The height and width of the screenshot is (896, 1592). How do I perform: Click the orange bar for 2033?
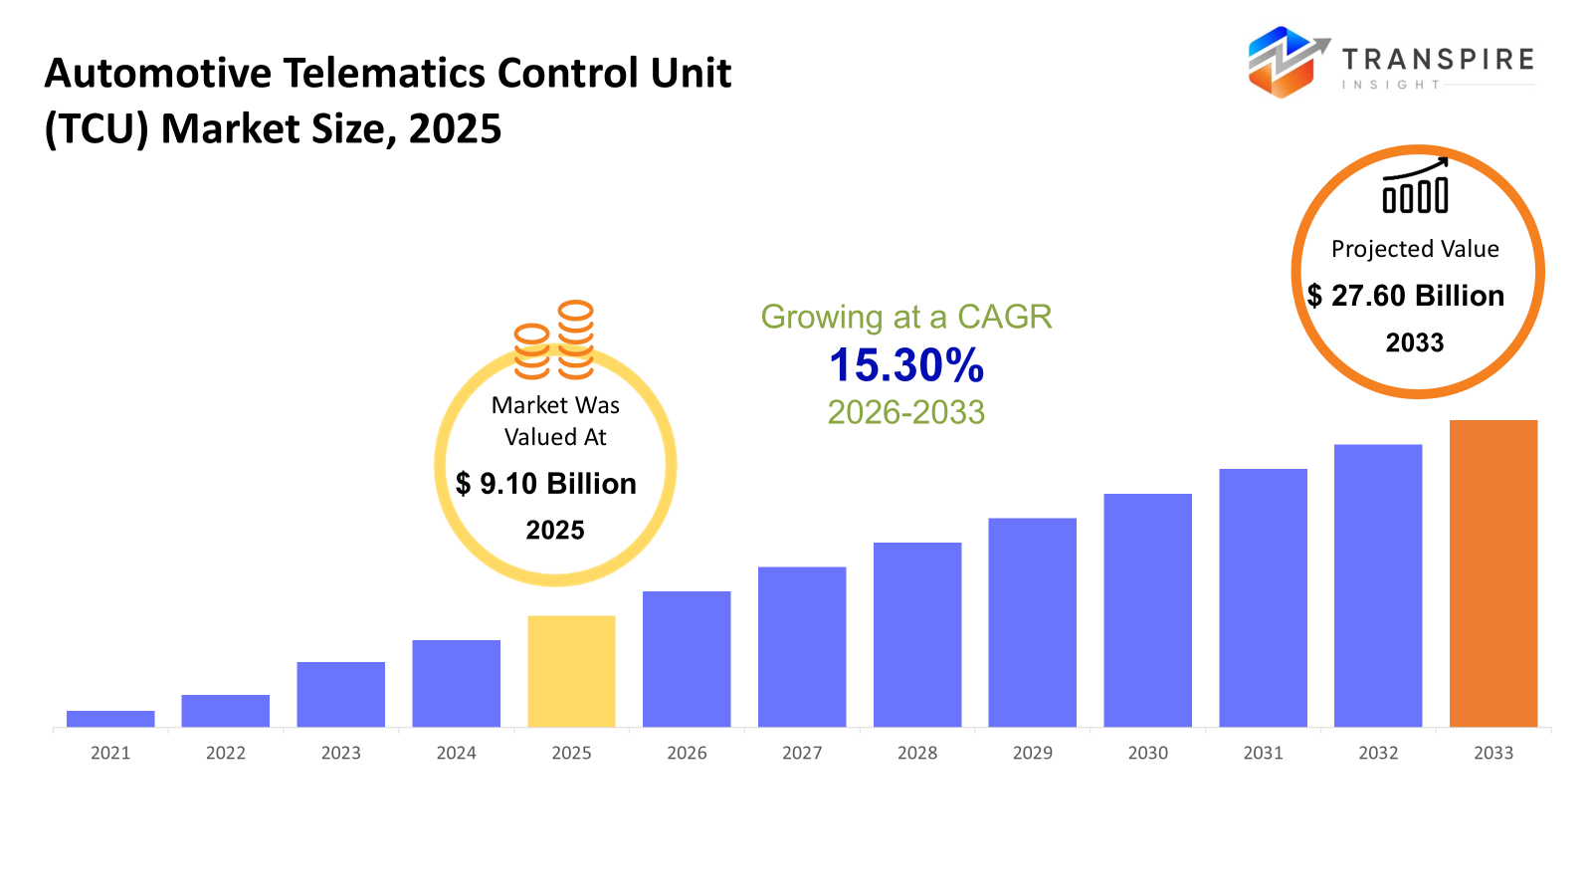tap(1492, 573)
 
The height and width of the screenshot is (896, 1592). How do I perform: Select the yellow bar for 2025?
tap(571, 671)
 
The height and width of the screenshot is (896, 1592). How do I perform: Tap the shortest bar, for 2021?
tap(110, 719)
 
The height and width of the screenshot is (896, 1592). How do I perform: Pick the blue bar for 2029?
tap(1032, 622)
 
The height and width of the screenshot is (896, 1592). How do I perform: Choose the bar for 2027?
tap(802, 647)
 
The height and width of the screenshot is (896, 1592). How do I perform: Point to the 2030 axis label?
tap(1147, 753)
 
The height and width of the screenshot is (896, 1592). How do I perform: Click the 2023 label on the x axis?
tap(340, 753)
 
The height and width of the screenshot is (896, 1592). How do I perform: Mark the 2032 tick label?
tap(1378, 753)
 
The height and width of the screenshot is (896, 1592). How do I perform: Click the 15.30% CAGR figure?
tap(906, 365)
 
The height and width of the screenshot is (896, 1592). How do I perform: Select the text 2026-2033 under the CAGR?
tap(906, 412)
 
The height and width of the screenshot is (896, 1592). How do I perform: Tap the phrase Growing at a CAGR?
tap(906, 317)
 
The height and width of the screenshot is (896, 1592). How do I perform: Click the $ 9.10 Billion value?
tap(546, 484)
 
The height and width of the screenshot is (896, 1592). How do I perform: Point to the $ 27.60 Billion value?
tap(1406, 296)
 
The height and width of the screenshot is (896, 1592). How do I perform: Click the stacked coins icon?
tap(554, 340)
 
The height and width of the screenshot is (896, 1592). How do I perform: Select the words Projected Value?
tap(1415, 249)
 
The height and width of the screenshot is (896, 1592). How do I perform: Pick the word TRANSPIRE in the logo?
tap(1438, 60)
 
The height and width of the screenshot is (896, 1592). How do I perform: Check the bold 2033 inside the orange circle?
tap(1415, 342)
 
